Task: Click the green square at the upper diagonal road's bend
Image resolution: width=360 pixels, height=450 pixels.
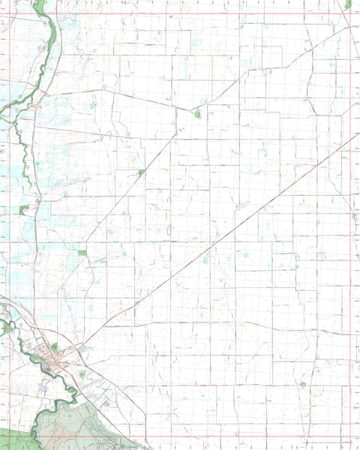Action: tap(198, 114)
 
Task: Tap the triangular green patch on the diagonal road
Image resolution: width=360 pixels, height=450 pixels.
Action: tap(141, 173)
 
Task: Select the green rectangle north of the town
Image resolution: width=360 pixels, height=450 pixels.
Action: tap(82, 253)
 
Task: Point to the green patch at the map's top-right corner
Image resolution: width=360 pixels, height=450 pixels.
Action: tap(348, 4)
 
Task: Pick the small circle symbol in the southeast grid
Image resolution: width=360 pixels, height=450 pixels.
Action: tap(302, 384)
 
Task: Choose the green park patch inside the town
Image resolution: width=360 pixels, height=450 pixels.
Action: tap(53, 347)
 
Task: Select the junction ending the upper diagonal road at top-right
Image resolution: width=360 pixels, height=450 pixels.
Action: tap(349, 28)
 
